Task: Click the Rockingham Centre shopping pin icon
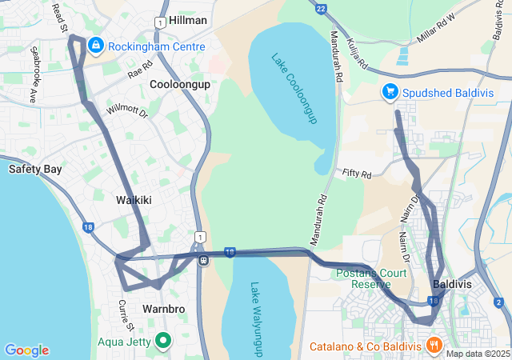tap(96, 45)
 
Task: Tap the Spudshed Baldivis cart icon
tap(390, 92)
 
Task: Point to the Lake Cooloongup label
tap(294, 89)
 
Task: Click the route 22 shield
tap(321, 9)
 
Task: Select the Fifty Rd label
tap(357, 174)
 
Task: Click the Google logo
tap(26, 350)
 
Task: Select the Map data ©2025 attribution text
tap(478, 354)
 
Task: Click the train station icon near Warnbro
tap(205, 260)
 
